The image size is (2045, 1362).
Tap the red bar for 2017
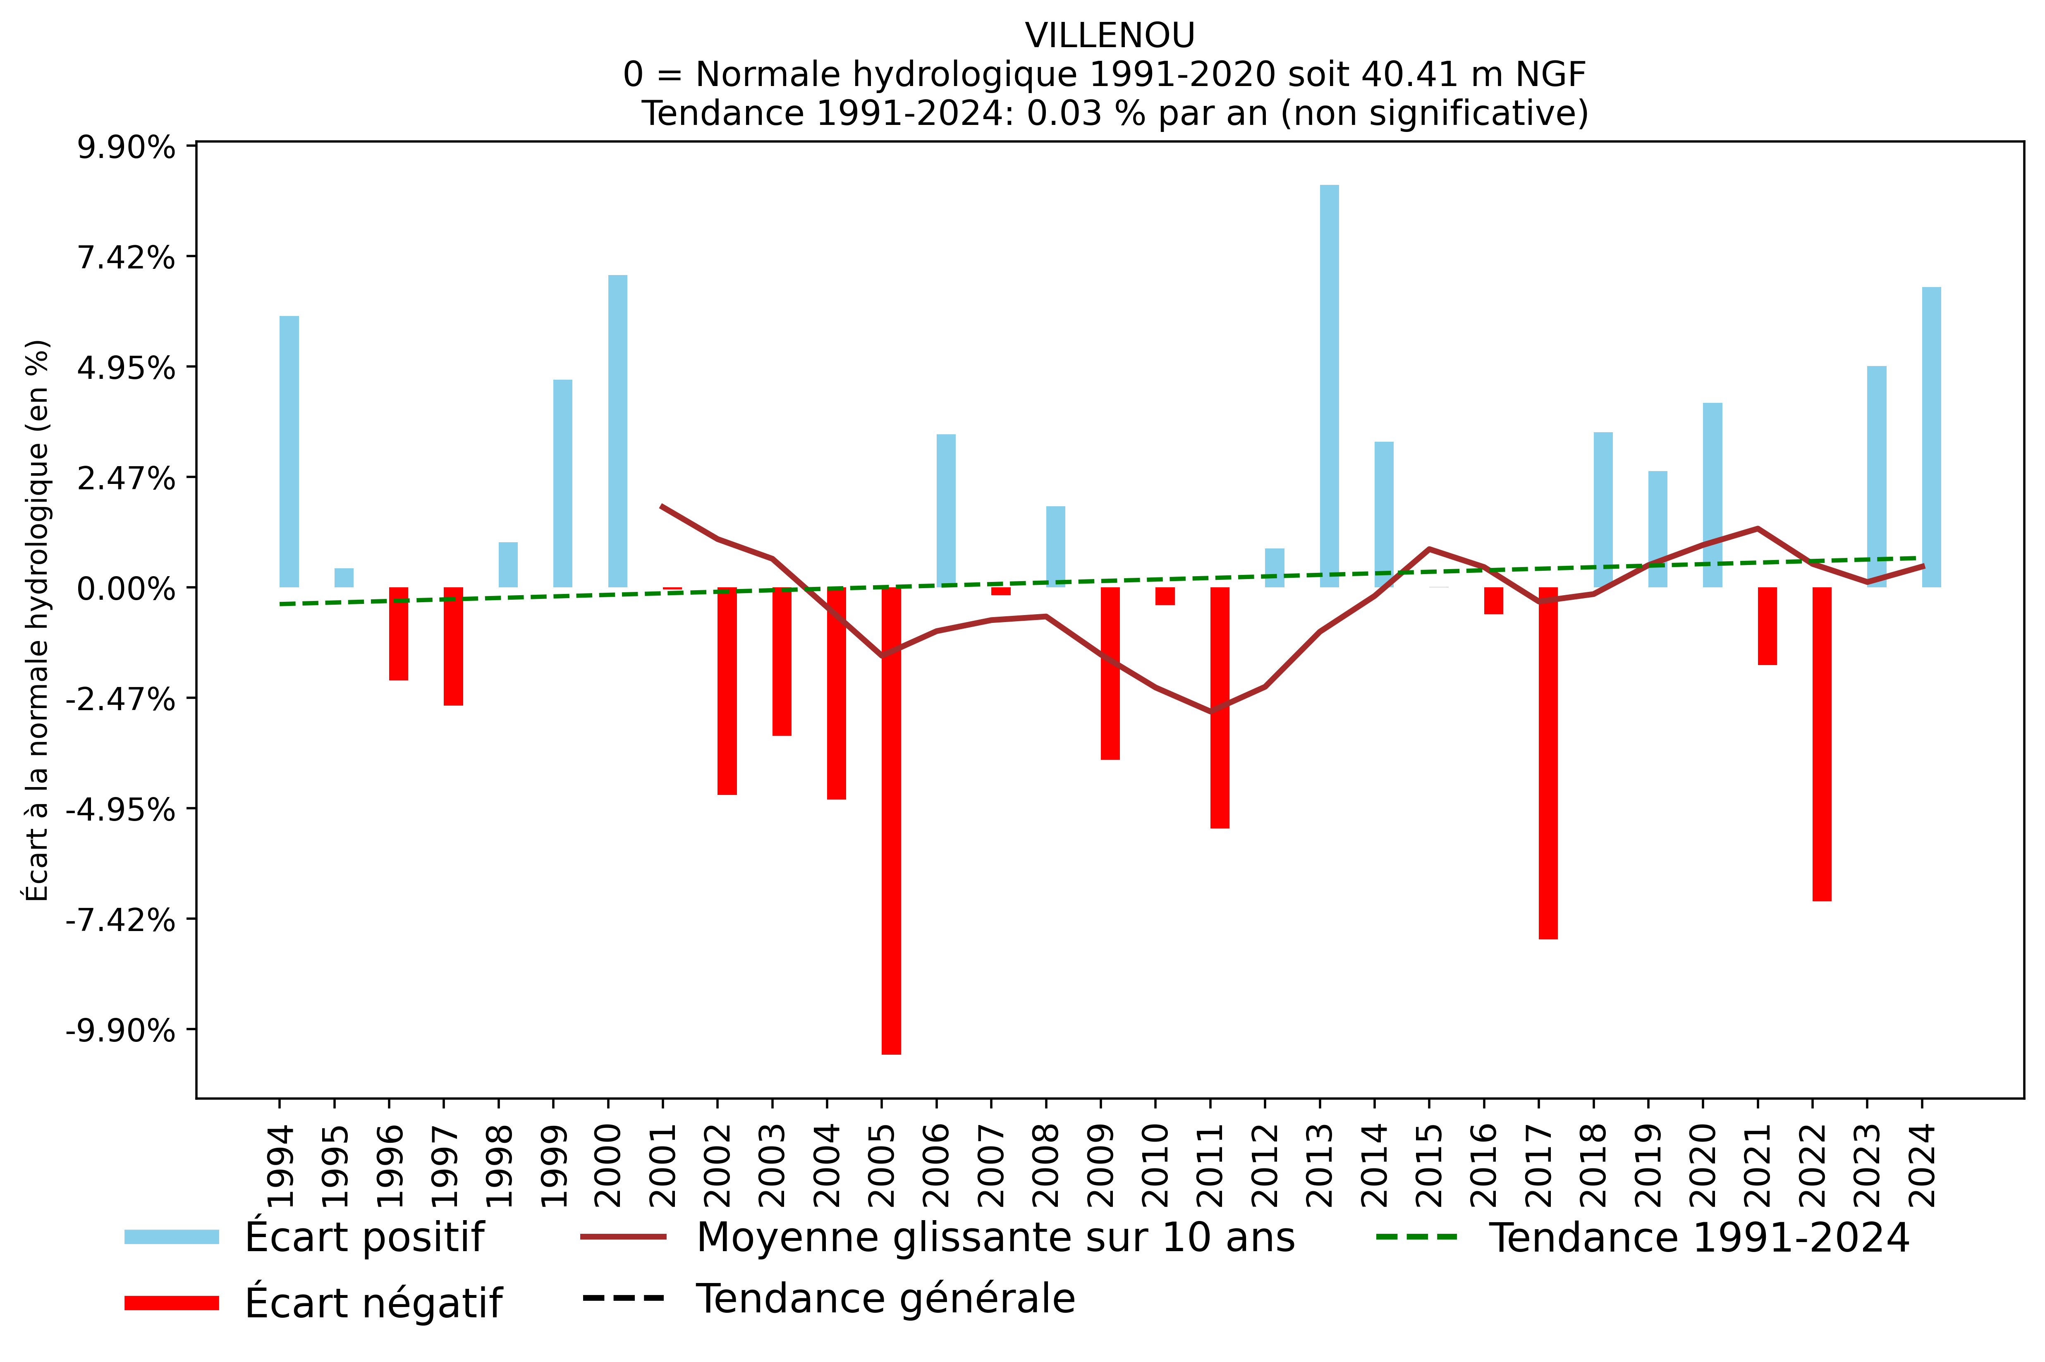click(1548, 763)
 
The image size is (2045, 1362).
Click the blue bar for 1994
click(289, 452)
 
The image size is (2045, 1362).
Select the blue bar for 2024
click(1931, 437)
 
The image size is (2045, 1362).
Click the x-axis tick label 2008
click(1046, 1166)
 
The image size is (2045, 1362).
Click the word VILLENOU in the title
click(1110, 36)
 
